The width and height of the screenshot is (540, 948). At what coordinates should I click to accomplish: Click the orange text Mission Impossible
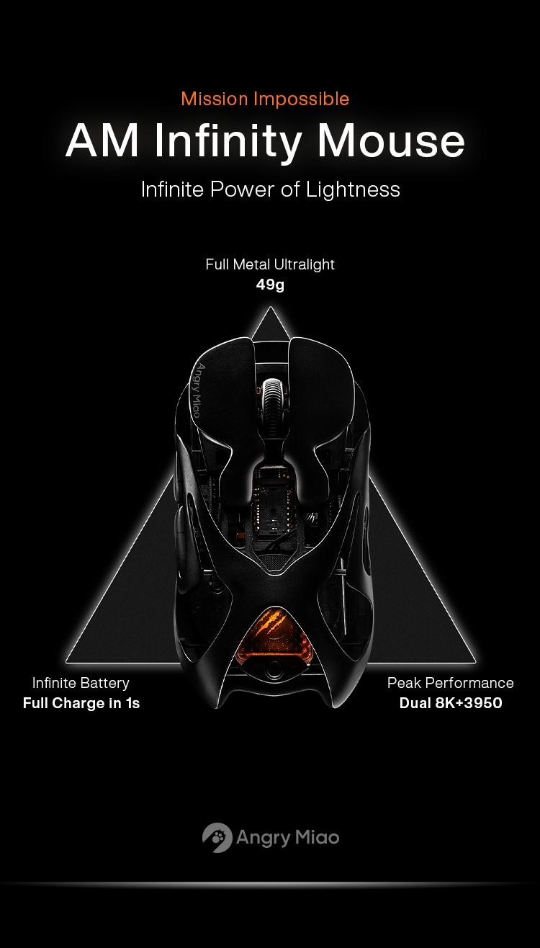[x=265, y=99]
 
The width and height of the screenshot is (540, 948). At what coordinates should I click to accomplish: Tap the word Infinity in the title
[x=228, y=142]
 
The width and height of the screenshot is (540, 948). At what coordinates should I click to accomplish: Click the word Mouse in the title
[x=391, y=141]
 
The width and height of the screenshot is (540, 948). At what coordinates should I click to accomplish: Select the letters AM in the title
[x=102, y=141]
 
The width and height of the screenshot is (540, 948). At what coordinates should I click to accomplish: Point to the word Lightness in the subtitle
[x=353, y=189]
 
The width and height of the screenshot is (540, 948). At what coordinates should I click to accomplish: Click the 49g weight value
[x=270, y=285]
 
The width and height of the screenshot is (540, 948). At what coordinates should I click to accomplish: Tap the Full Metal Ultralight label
[x=270, y=264]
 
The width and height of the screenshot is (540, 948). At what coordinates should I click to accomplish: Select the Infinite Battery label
[x=81, y=683]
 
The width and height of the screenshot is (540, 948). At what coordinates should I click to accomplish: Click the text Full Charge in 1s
[x=81, y=703]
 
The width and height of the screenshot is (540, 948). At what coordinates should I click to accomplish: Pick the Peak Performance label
[x=450, y=683]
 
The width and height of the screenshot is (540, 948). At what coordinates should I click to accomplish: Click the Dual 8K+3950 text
[x=451, y=703]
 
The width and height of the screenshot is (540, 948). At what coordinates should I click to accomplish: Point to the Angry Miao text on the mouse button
[x=199, y=390]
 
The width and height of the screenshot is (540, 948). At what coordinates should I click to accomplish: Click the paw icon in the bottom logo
[x=217, y=838]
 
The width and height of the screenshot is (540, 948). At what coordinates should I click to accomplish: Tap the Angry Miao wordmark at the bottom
[x=287, y=838]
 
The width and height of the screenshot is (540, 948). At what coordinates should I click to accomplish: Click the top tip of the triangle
[x=270, y=308]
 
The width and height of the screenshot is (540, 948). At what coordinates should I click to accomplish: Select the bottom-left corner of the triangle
[x=66, y=661]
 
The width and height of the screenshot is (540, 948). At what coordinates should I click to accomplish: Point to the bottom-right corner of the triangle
[x=475, y=661]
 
